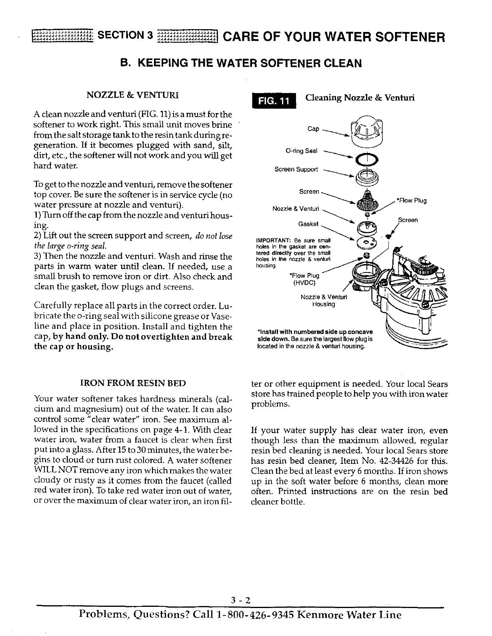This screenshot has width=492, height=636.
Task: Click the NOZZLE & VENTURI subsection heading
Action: pyautogui.click(x=132, y=95)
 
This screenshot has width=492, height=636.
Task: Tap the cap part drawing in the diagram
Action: pyautogui.click(x=366, y=127)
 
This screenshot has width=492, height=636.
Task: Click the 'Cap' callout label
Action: pyautogui.click(x=313, y=129)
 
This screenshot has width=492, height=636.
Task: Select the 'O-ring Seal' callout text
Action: pyautogui.click(x=302, y=151)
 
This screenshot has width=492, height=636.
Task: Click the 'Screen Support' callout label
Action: pyautogui.click(x=296, y=169)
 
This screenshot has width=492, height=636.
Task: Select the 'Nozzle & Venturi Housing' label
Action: pyautogui.click(x=324, y=301)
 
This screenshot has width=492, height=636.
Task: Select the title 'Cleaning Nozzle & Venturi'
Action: pyautogui.click(x=360, y=98)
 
